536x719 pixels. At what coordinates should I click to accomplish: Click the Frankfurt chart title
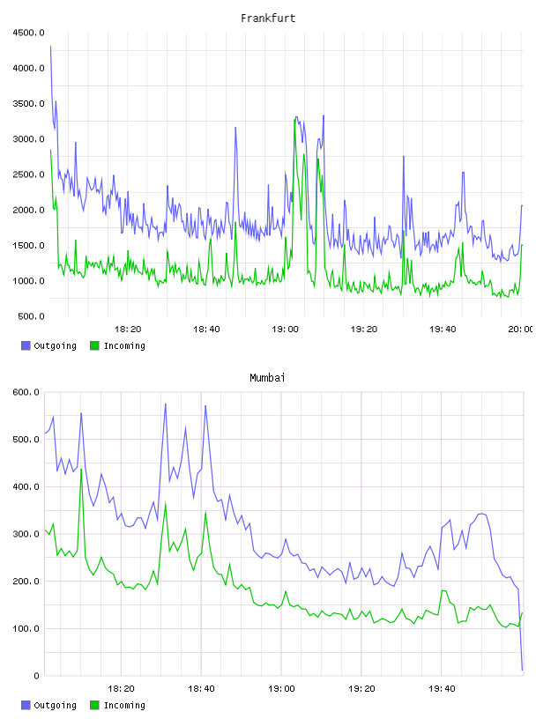[x=268, y=19]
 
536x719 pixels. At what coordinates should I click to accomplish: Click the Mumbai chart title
[x=267, y=378]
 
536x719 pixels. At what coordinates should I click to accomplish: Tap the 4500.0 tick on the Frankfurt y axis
[x=28, y=33]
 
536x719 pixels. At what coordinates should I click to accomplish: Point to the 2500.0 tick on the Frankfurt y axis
[x=28, y=174]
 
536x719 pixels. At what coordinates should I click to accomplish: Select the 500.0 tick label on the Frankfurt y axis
[x=31, y=316]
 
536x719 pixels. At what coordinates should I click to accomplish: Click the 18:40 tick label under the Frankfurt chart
[x=206, y=330]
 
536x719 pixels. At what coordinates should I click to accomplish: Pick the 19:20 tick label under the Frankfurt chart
[x=364, y=330]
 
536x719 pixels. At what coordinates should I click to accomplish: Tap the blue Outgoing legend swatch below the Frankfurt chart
[x=26, y=345]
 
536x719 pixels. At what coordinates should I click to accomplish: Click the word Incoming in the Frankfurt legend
[x=124, y=346]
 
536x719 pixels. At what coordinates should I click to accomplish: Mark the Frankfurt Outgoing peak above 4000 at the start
[x=50, y=47]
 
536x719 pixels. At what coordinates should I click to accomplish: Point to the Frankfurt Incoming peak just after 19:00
[x=294, y=120]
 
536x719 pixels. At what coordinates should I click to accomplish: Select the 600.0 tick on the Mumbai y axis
[x=26, y=392]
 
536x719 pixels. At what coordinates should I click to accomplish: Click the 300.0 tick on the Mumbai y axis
[x=26, y=534]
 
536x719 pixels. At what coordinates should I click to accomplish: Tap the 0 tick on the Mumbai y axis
[x=36, y=676]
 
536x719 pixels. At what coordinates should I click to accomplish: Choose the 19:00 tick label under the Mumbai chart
[x=281, y=689]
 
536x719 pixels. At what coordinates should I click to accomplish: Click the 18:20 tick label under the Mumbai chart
[x=121, y=689]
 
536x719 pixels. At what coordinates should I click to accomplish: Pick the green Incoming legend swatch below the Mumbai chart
[x=94, y=705]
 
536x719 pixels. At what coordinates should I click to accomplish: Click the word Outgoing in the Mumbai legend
[x=55, y=706]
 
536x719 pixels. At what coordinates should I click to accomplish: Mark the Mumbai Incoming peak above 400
[x=81, y=469]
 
